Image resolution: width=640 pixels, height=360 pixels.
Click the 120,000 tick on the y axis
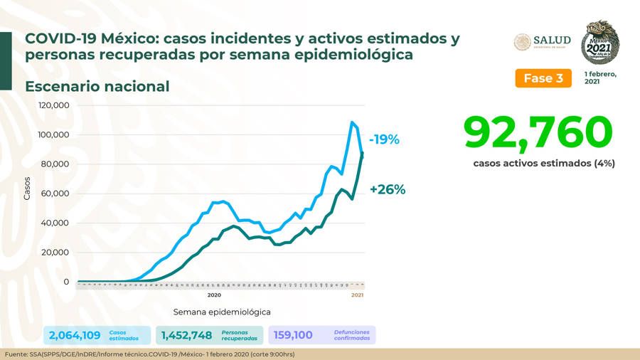pos(54,105)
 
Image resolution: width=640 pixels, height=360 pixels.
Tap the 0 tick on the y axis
pos(66,282)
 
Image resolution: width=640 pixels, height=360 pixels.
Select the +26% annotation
pos(388,189)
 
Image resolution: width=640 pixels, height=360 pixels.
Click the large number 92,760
pos(538,133)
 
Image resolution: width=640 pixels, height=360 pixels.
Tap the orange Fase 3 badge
pos(543,78)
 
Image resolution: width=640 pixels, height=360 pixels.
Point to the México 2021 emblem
pos(600,41)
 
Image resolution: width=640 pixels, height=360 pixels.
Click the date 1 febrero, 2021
pos(601,78)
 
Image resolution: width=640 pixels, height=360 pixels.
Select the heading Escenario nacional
pos(97,86)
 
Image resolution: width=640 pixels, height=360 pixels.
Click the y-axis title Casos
pos(27,188)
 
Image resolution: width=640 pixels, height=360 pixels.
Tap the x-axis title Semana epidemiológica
pos(222,312)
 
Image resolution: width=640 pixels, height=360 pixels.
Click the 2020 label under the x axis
pos(214,295)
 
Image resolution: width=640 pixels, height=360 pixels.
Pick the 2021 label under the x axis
pos(358,295)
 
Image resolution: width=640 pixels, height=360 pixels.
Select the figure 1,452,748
pos(186,335)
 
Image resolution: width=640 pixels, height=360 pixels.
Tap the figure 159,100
pos(293,335)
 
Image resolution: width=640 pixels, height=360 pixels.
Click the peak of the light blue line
pos(352,122)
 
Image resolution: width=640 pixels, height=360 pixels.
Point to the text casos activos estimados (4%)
pos(544,163)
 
